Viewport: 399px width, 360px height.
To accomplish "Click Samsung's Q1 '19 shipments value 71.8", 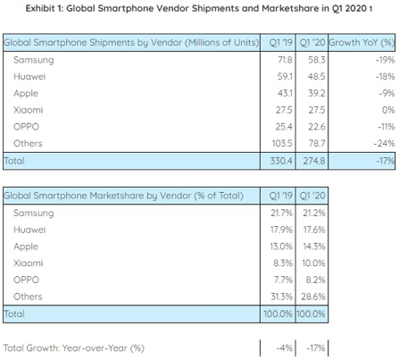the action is [285, 60].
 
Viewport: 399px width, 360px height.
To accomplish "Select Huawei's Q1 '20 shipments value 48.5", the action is [317, 77].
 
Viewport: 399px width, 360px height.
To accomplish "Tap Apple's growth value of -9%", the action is [387, 94].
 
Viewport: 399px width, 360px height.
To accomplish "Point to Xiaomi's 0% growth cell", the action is [388, 110].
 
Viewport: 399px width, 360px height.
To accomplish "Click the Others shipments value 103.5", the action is [282, 144].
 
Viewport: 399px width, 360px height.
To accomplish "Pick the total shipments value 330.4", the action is [281, 161].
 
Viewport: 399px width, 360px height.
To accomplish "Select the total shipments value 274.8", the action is [314, 161].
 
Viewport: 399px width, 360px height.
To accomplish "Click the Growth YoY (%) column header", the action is [362, 43].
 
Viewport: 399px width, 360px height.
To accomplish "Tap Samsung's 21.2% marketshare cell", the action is [314, 213].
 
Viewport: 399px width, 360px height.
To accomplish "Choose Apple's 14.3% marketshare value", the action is [314, 247].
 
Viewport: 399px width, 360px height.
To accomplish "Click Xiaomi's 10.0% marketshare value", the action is [313, 264].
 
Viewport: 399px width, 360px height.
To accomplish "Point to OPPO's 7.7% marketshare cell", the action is [283, 280].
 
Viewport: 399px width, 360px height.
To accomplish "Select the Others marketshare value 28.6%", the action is [313, 297].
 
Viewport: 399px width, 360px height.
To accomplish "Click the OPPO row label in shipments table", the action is [26, 127].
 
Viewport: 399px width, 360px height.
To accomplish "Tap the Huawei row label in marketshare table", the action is [29, 230].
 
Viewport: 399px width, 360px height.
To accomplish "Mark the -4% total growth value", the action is [285, 347].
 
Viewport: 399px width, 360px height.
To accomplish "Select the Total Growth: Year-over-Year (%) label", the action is [74, 348].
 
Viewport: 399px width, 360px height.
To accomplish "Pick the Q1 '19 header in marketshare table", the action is [281, 196].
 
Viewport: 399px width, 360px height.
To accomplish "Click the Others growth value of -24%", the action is [384, 144].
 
